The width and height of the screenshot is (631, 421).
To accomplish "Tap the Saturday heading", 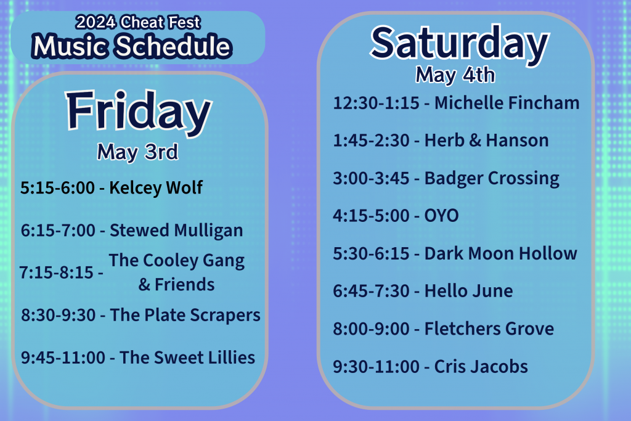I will tap(459, 43).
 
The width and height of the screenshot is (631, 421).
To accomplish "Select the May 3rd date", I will tap(137, 152).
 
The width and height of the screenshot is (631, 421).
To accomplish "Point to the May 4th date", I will tap(455, 75).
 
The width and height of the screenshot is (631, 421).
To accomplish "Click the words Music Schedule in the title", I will tap(132, 47).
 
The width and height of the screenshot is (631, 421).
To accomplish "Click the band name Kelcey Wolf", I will tap(156, 188).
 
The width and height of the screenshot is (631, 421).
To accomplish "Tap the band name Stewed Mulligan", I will tap(176, 231).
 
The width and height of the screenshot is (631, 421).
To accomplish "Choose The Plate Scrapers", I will tap(185, 315).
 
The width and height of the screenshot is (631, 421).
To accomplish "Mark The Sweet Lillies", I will tap(187, 358).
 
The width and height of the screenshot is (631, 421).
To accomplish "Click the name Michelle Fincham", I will tap(507, 103).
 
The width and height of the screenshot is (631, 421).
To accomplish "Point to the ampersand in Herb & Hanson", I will tap(473, 141).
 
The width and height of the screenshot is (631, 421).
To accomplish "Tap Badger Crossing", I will tap(492, 179).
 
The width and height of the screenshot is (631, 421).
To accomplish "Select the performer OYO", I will tap(441, 216).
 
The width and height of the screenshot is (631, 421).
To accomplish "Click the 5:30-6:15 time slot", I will tap(371, 253).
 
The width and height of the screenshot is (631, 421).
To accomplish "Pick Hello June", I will tap(468, 291).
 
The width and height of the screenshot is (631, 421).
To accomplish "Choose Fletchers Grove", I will tap(489, 329).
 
